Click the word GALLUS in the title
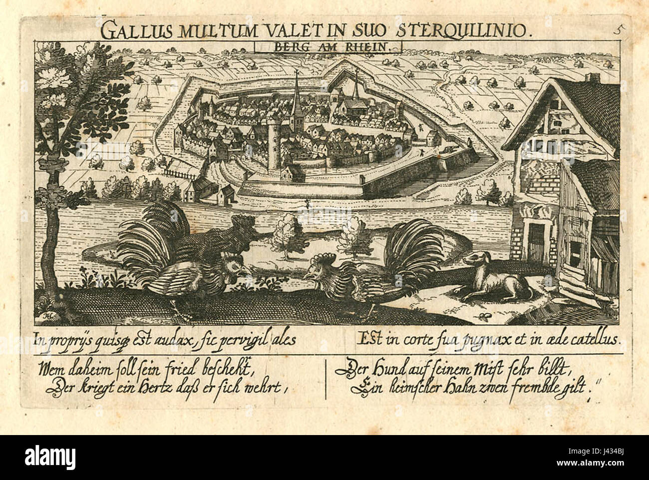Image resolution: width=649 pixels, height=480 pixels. click(131, 31)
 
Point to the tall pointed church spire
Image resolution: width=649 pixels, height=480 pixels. click(296, 100)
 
